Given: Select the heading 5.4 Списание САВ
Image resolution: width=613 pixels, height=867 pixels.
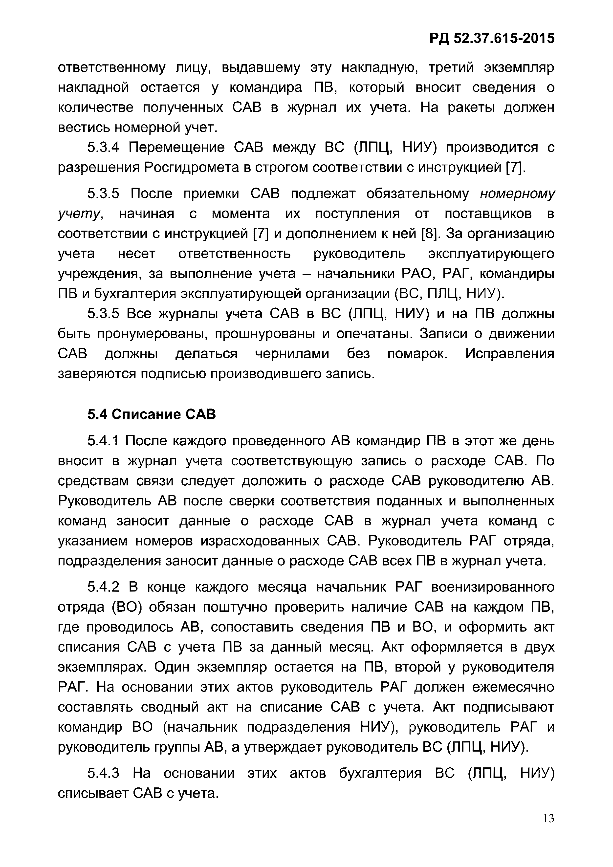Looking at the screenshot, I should pyautogui.click(x=152, y=414).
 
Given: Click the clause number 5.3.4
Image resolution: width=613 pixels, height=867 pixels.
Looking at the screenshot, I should pyautogui.click(x=103, y=147).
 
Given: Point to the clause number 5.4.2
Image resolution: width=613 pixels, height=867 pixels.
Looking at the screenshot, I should pyautogui.click(x=103, y=587).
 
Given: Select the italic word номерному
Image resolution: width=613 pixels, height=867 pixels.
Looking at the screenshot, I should pyautogui.click(x=517, y=194).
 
